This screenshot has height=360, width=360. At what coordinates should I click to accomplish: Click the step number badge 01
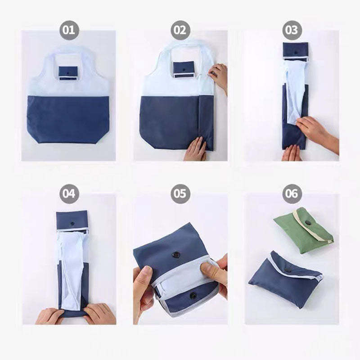coord(68,31)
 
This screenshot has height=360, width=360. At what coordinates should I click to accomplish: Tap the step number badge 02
coord(180,31)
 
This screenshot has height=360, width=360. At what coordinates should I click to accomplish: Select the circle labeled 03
coord(292,31)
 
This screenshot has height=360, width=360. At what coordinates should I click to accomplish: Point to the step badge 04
coord(68,194)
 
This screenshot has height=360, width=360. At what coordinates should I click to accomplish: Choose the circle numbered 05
coord(180,194)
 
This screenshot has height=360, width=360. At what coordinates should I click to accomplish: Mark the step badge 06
coord(292,194)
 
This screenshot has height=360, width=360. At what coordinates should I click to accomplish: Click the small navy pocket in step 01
coord(68,72)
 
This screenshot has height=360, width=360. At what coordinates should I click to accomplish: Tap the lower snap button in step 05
coord(193,296)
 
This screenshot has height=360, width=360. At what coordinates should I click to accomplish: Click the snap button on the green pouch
coord(309,223)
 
